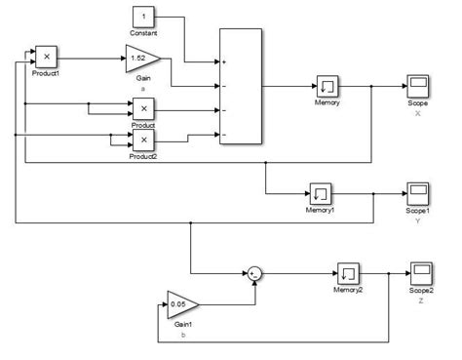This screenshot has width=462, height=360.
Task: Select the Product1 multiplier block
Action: [46, 56]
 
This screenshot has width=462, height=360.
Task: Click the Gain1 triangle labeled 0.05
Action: [182, 303]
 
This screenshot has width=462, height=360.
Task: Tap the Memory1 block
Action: [321, 191]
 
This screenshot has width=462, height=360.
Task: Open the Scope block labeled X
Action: [419, 86]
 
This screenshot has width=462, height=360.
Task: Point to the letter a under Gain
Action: [142, 87]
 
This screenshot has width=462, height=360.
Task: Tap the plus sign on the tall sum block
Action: [224, 62]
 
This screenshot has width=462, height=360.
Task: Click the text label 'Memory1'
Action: [321, 209]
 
